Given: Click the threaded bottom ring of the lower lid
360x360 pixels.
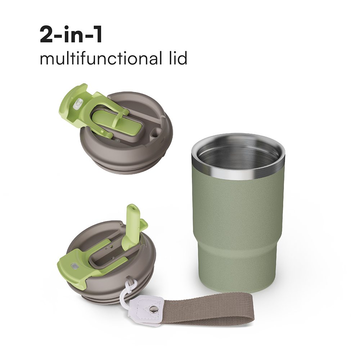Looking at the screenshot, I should (x=108, y=295).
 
